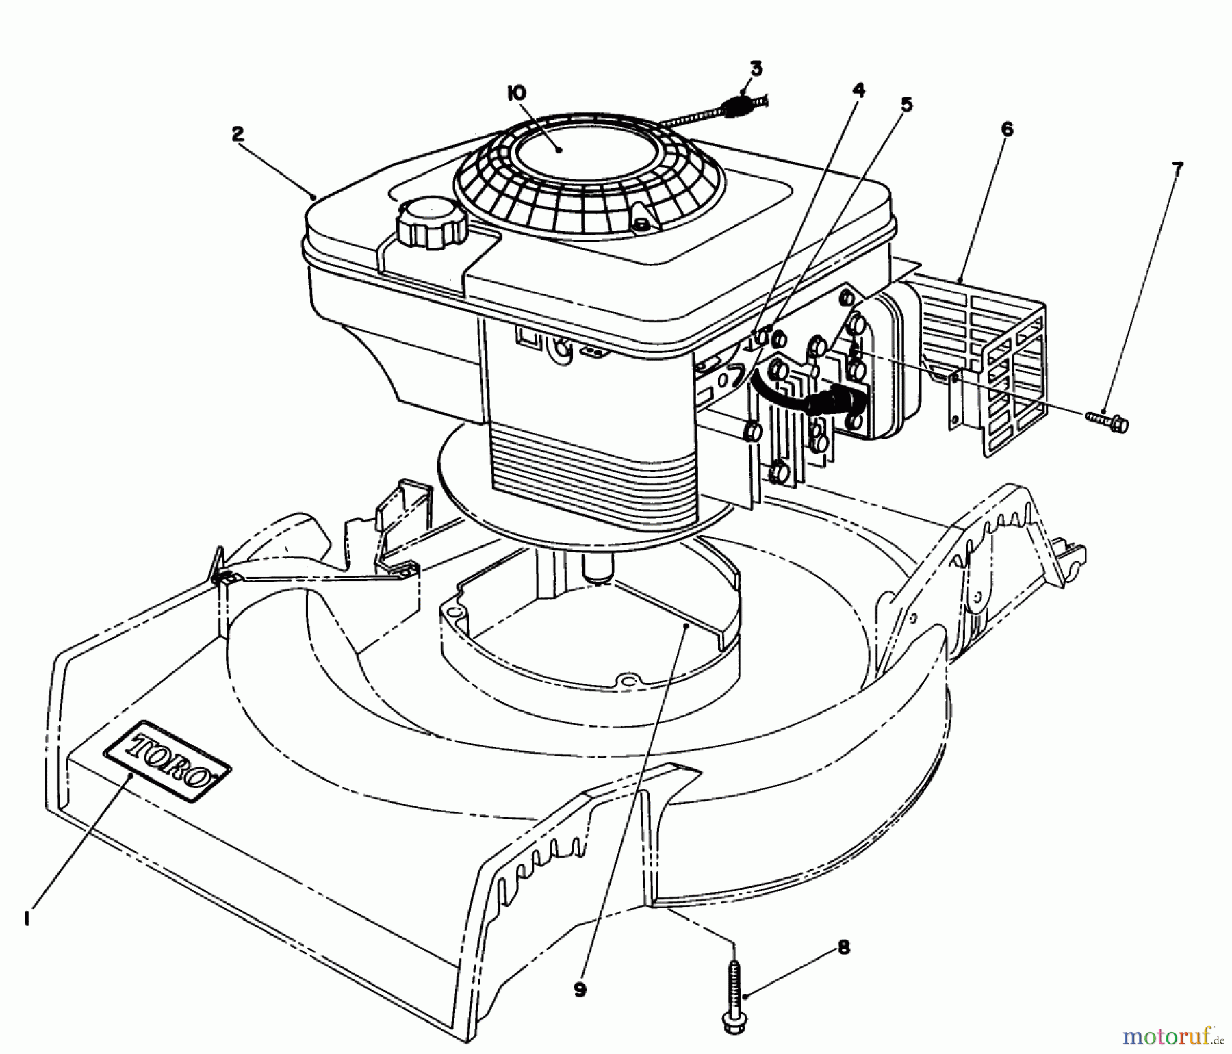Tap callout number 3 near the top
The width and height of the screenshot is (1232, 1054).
(755, 68)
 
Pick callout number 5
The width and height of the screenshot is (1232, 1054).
(906, 104)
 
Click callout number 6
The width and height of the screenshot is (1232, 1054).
(1007, 129)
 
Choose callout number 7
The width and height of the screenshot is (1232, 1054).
(1177, 169)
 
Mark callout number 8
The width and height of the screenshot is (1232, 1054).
(843, 949)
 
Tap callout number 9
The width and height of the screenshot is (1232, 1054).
(580, 990)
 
